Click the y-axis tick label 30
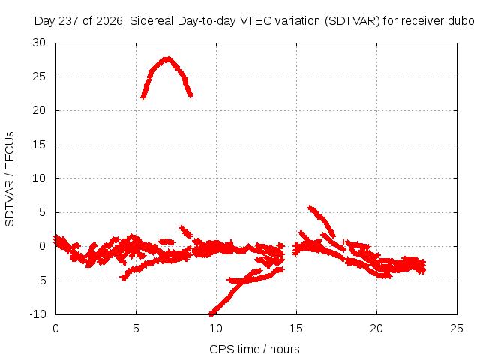39,43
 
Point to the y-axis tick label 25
39,76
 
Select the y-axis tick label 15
39,145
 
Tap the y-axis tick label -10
38,314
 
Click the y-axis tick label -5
40,280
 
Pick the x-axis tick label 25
457,328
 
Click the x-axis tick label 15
296,328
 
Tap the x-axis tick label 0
55,328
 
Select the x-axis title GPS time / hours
254,349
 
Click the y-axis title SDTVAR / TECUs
10,179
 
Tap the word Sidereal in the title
151,21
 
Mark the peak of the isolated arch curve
167,58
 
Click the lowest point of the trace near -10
211,313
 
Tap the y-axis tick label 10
39,178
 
